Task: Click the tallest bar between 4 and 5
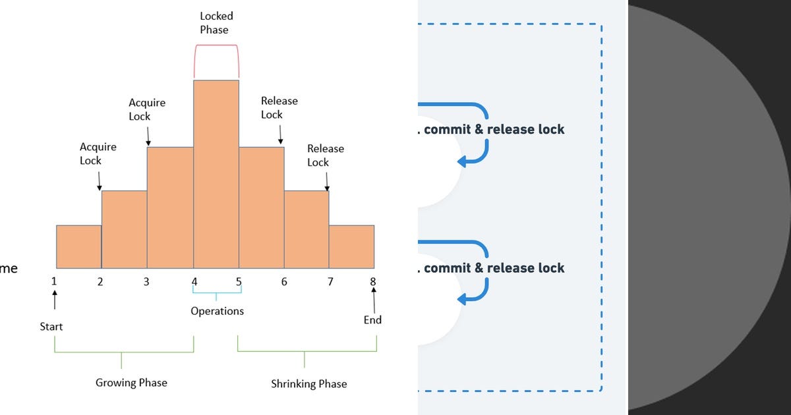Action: [x=216, y=175]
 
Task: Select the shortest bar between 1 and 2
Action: [x=78, y=246]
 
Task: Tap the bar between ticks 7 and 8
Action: [x=351, y=246]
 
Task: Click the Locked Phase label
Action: [x=216, y=22]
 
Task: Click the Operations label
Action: [x=217, y=311]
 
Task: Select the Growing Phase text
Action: [x=131, y=383]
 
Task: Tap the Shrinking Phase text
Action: [x=308, y=383]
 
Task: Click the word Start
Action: [x=51, y=327]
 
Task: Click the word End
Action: [x=372, y=320]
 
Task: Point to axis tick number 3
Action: [x=146, y=282]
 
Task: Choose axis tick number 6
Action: [x=284, y=282]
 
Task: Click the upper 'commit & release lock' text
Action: [x=494, y=129]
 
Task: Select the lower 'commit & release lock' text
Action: [x=494, y=268]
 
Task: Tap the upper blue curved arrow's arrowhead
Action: [x=462, y=161]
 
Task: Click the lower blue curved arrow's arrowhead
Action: [x=462, y=298]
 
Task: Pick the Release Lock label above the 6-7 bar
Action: [x=326, y=155]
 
